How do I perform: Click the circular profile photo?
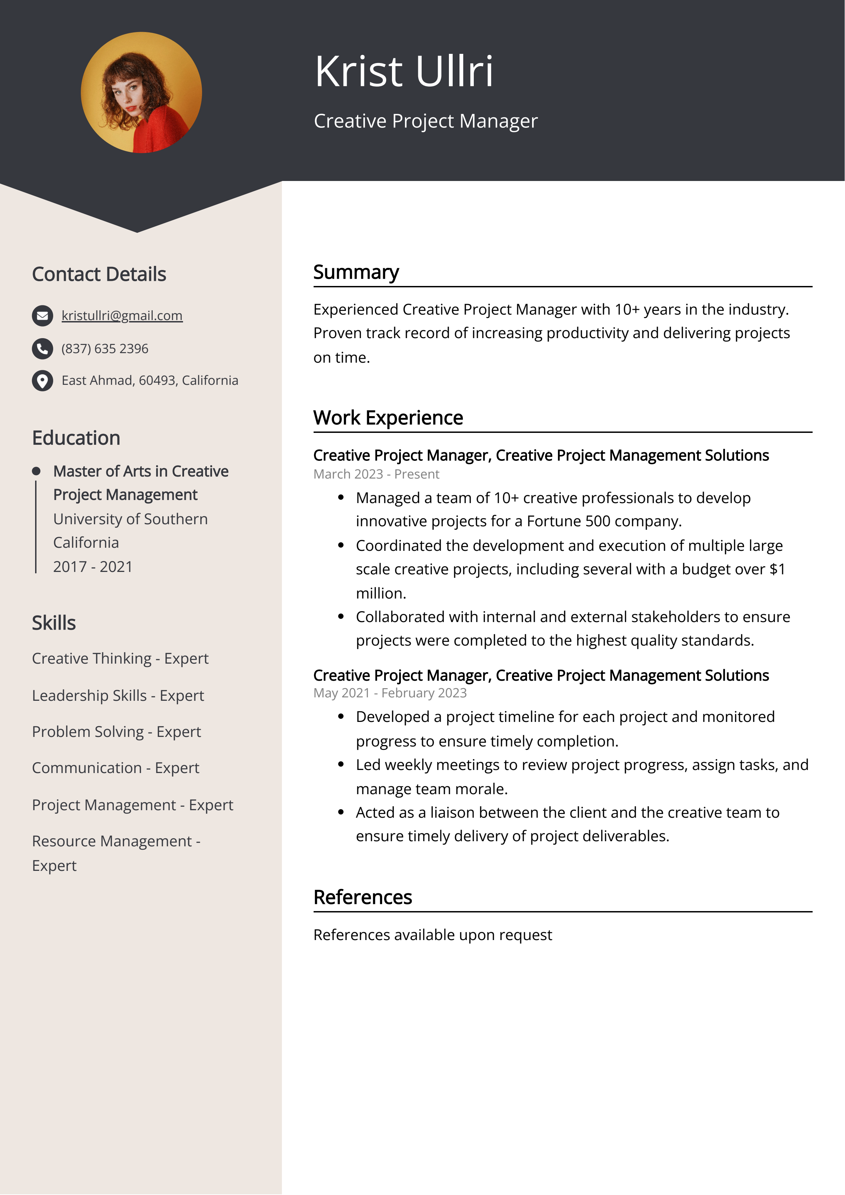(x=141, y=93)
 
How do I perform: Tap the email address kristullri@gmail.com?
(x=122, y=315)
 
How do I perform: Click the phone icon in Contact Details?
(x=42, y=349)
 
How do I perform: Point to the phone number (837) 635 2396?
(x=105, y=349)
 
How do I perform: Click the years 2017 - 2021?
(x=93, y=567)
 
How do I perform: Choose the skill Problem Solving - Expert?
(x=116, y=732)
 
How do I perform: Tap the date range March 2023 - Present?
(x=376, y=474)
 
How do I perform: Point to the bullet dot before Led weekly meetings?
(x=341, y=765)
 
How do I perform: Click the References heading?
(x=362, y=897)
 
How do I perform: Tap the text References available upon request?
(x=432, y=935)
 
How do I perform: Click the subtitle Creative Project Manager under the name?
(x=425, y=121)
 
